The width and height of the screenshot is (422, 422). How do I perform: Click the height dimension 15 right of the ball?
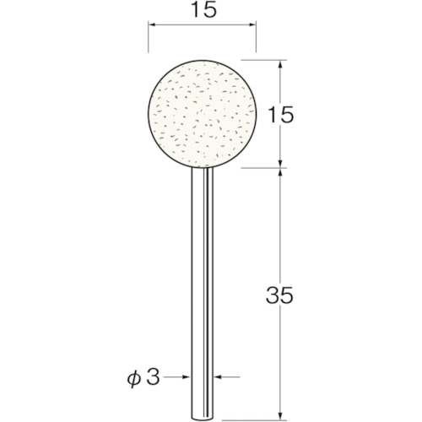tap(282, 114)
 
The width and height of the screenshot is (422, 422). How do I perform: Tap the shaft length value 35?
tap(282, 295)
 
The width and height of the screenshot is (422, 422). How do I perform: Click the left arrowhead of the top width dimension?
tap(153, 27)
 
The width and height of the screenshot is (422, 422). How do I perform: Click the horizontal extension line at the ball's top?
tap(266, 60)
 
